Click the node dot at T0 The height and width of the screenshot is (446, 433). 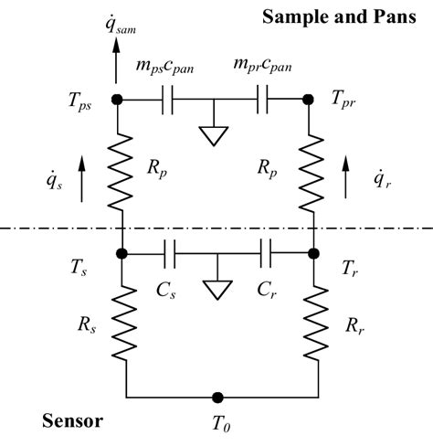pos(216,397)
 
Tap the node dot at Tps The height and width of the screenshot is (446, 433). pos(118,99)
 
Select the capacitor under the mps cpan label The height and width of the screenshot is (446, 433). pos(168,99)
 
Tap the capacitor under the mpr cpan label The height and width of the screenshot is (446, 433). pos(264,99)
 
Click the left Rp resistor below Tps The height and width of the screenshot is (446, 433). pos(118,169)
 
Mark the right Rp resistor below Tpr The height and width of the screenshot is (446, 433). pos(313,169)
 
